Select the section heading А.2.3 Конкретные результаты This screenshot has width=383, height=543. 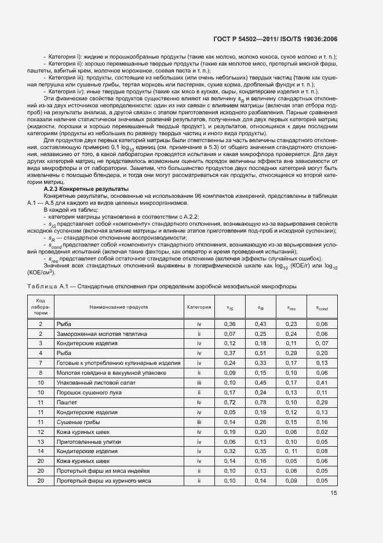86,205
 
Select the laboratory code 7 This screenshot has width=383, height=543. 41,363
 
